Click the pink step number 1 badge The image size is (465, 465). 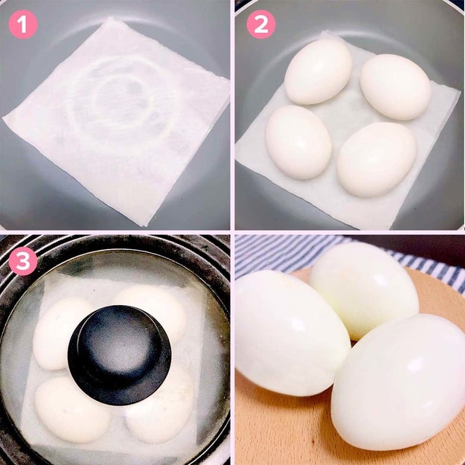coord(23,25)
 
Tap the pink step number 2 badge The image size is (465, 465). coord(261,25)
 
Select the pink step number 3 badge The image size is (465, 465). coord(23,261)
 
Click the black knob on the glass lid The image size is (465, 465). coord(119,355)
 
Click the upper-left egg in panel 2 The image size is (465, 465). coord(318,71)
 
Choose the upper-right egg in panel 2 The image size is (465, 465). coord(396,87)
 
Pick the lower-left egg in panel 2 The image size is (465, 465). coord(298,142)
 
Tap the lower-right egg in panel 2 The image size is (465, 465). coord(376,159)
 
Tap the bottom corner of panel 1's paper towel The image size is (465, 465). coord(145,226)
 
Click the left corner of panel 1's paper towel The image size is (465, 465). coord(3,118)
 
